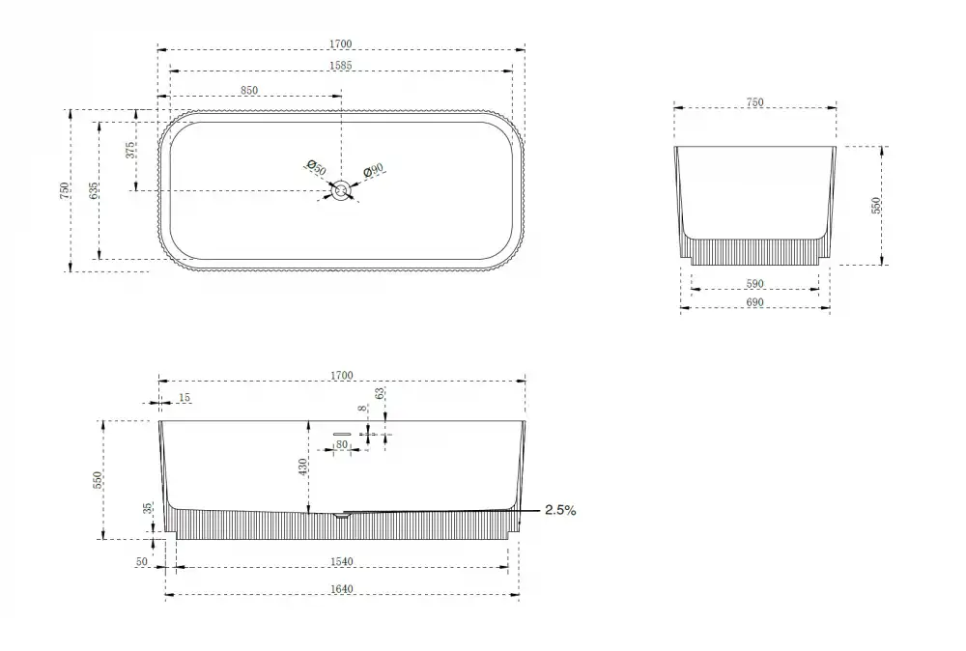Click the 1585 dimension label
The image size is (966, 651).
(x=340, y=66)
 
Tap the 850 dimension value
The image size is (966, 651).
(x=249, y=91)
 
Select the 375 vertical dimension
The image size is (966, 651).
(x=130, y=151)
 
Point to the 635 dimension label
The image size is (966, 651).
(x=93, y=191)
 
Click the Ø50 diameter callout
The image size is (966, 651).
(x=316, y=167)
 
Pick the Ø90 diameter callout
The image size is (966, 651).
(x=373, y=170)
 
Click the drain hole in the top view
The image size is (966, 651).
(x=341, y=190)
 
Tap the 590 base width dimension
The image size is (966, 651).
(x=754, y=284)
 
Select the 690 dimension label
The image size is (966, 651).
(x=754, y=302)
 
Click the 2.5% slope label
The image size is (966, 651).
(x=560, y=510)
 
